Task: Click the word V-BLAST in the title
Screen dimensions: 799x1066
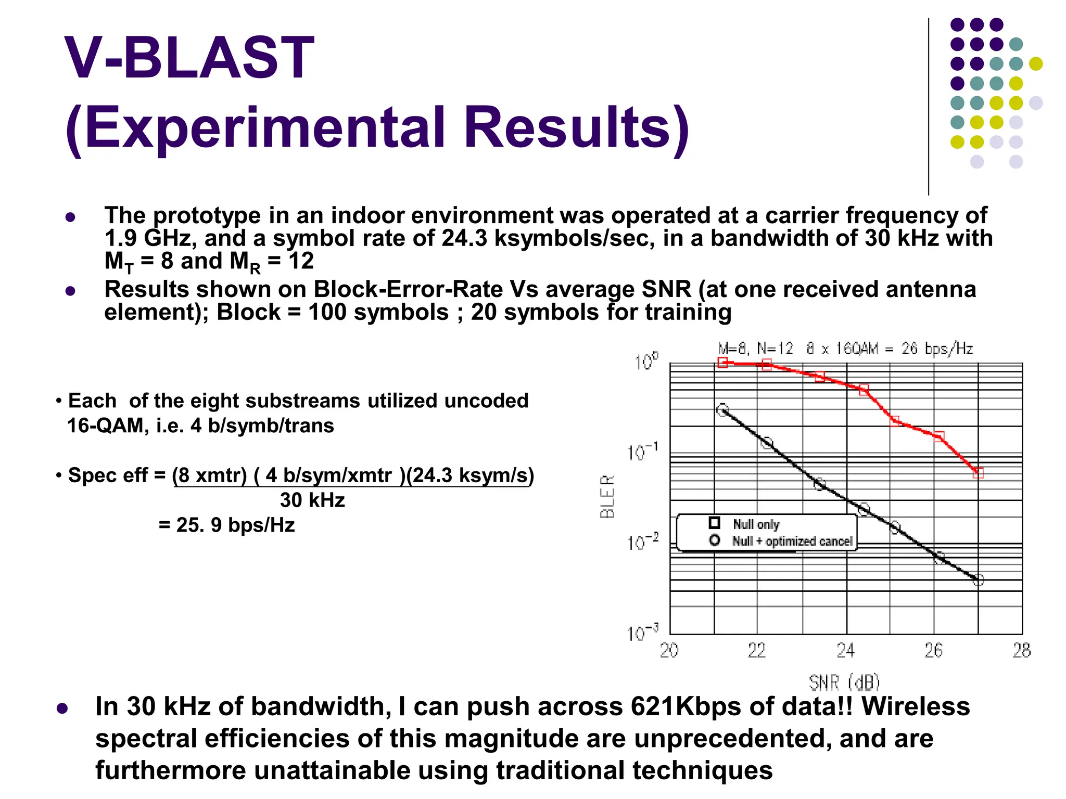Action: [x=189, y=57]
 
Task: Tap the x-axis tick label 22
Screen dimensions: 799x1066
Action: [x=757, y=650]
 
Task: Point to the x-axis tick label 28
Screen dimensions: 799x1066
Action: [x=1021, y=650]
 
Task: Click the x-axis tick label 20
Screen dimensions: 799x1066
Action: [x=669, y=650]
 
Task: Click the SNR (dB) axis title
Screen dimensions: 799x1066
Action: [x=844, y=682]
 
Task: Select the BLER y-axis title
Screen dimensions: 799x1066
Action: [x=607, y=496]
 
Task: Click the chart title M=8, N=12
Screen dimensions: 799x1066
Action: [x=755, y=349]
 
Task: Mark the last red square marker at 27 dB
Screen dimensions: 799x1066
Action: [x=978, y=473]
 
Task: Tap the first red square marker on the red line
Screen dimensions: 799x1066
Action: [x=722, y=363]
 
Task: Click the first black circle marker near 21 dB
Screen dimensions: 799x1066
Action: [x=722, y=410]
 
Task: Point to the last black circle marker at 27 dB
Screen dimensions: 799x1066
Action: [x=978, y=580]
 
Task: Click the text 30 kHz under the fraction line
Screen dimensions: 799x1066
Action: [x=312, y=500]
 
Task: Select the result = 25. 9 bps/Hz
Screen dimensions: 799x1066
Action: [x=227, y=525]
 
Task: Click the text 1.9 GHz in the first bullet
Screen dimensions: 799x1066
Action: [x=149, y=239]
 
